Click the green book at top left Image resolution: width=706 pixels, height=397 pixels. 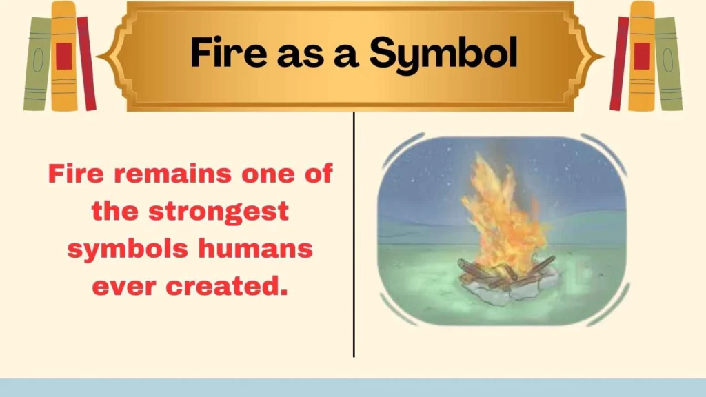pos(37,63)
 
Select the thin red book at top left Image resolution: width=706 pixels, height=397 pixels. pos(86,63)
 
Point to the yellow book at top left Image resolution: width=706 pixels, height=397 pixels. pos(63,57)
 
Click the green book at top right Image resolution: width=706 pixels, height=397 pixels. pos(667,63)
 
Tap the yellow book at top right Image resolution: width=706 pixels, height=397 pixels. pos(641,57)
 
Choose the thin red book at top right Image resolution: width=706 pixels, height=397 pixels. pos(619,63)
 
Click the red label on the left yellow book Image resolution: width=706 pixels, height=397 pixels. pos(63,56)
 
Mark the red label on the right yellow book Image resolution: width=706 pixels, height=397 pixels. pos(642,56)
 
